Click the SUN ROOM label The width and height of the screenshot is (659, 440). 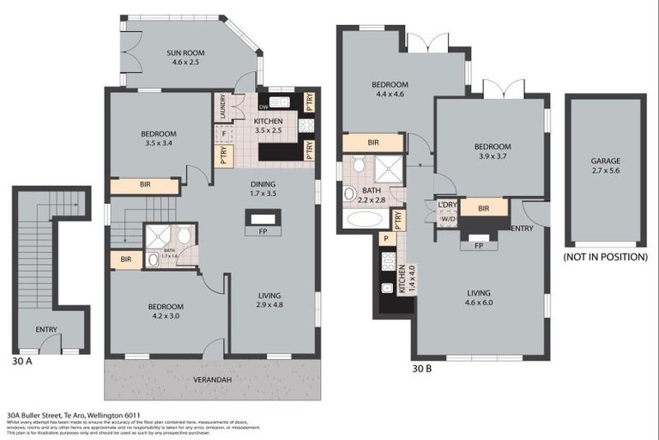(x=186, y=58)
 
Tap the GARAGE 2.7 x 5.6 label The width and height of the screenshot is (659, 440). (x=605, y=166)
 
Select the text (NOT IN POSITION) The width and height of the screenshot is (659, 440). (x=605, y=256)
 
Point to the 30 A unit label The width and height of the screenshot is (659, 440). (x=23, y=362)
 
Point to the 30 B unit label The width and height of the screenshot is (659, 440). (x=421, y=369)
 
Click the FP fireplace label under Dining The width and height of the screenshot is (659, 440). (x=262, y=230)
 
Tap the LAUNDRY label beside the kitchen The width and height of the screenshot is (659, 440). (x=222, y=107)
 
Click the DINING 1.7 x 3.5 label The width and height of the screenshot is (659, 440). (x=263, y=189)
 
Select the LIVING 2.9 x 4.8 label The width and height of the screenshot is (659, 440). (x=269, y=302)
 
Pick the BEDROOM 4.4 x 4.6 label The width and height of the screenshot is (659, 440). (x=390, y=89)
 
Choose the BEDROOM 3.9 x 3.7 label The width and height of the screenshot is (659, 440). (x=493, y=151)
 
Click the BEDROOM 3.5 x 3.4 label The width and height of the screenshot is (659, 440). (x=159, y=138)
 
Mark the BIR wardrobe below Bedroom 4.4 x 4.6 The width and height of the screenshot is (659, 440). (x=373, y=143)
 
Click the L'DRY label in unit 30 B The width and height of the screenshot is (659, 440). (x=447, y=205)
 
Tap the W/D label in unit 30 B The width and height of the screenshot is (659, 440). (x=448, y=217)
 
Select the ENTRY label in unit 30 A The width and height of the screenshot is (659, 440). (x=46, y=329)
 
